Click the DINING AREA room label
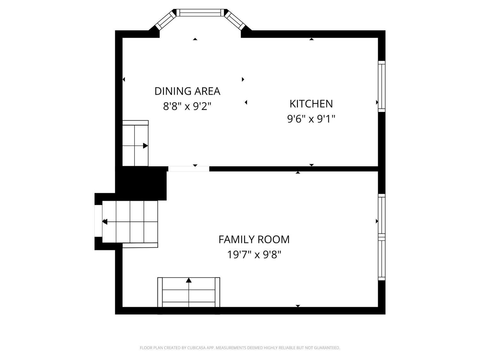pyautogui.click(x=187, y=91)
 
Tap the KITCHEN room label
pyautogui.click(x=311, y=104)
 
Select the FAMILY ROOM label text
pyautogui.click(x=254, y=240)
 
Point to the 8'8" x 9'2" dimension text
pyautogui.click(x=187, y=107)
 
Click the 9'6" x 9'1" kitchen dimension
pyautogui.click(x=311, y=119)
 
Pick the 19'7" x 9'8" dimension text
pyautogui.click(x=254, y=255)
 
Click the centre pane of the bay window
pyautogui.click(x=201, y=13)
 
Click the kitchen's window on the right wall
pyautogui.click(x=381, y=86)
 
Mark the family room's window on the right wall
pyautogui.click(x=381, y=237)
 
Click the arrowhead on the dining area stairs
pyautogui.click(x=145, y=146)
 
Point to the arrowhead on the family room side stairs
pyautogui.click(x=105, y=222)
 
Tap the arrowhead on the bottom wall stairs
pyautogui.click(x=189, y=280)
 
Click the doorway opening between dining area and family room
pyautogui.click(x=189, y=169)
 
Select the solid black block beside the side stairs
pyautogui.click(x=141, y=183)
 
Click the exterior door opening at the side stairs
pyautogui.click(x=98, y=221)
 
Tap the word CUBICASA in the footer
pyautogui.click(x=196, y=348)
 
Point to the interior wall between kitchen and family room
pyautogui.click(x=294, y=169)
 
